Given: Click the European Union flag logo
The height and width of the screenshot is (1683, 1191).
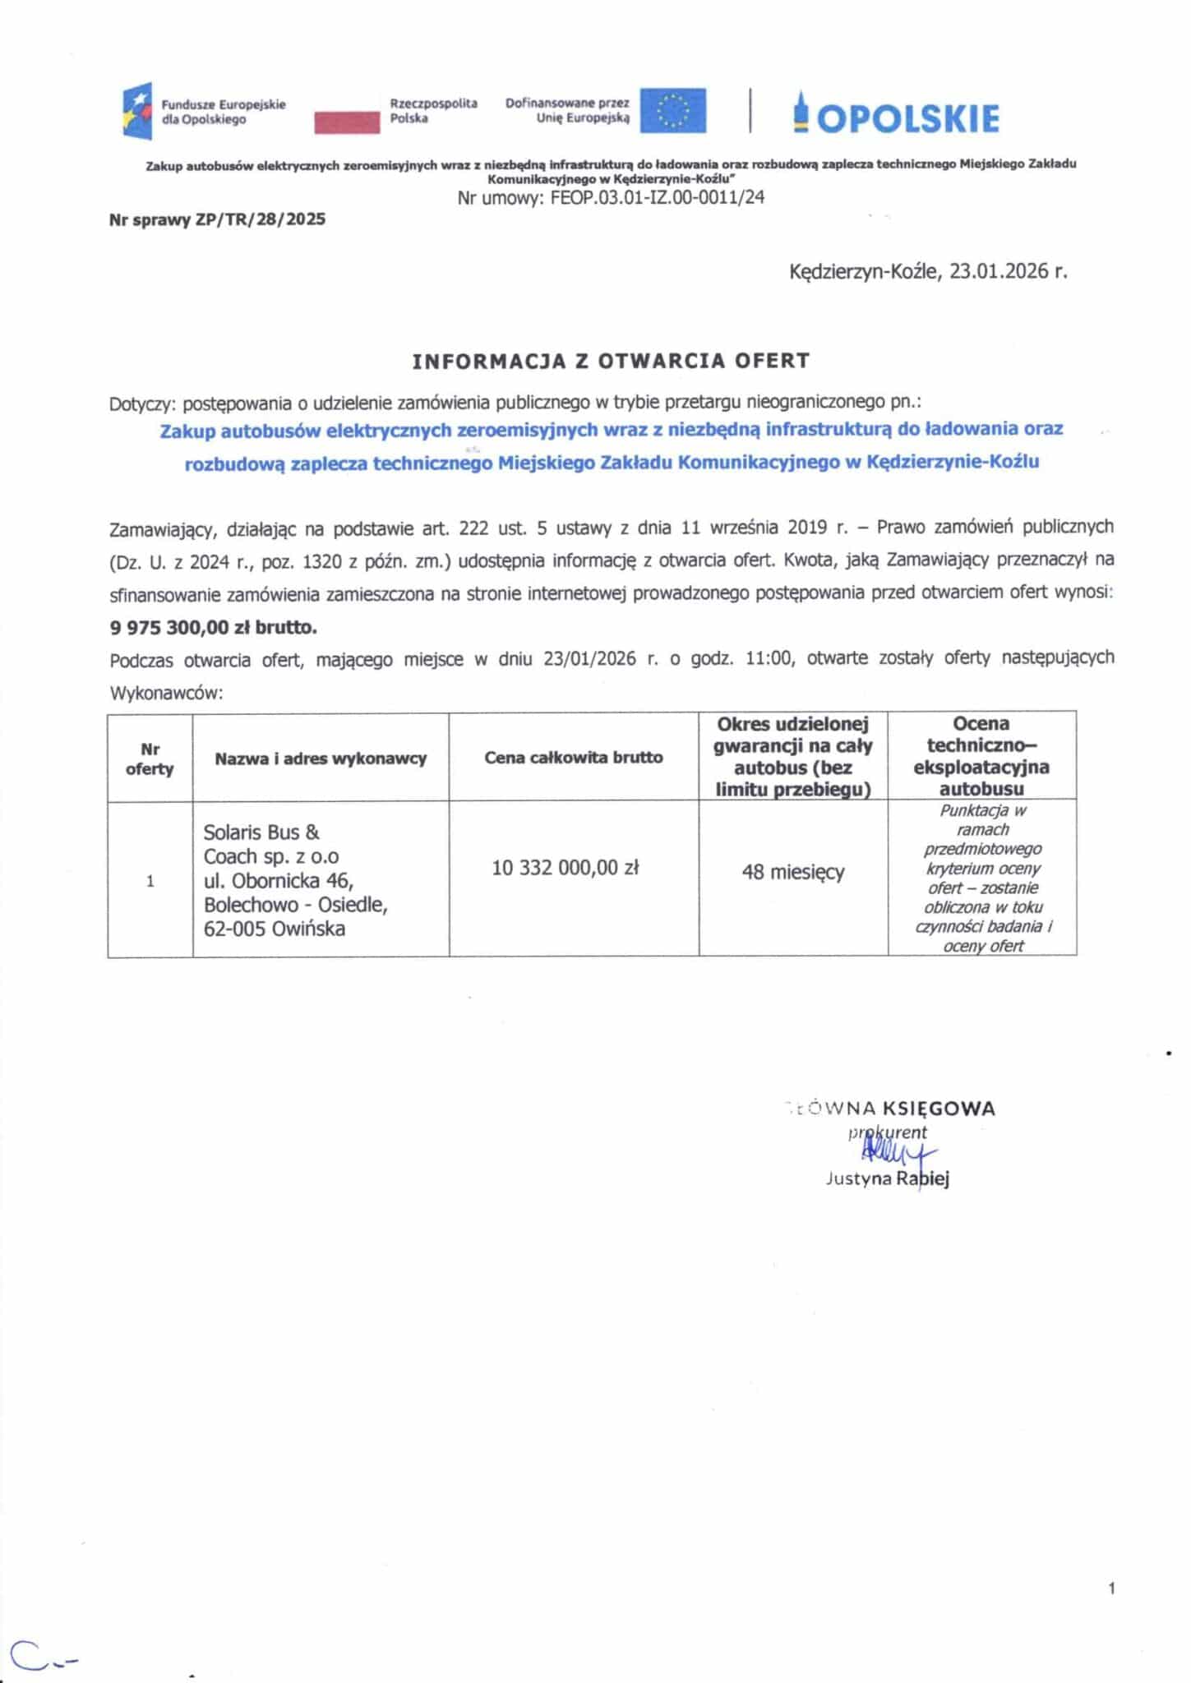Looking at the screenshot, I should tap(673, 110).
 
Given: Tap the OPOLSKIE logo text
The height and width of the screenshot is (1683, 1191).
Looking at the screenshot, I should tap(897, 117).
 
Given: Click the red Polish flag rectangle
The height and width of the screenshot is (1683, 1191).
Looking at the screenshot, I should tap(346, 122).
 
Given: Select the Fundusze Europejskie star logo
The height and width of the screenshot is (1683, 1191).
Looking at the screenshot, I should tap(137, 111).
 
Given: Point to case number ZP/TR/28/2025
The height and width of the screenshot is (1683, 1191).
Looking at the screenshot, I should tap(261, 219).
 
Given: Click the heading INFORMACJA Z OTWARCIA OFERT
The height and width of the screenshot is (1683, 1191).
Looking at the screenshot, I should tap(611, 361).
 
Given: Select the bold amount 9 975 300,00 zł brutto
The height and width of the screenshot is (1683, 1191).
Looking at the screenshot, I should tap(213, 627).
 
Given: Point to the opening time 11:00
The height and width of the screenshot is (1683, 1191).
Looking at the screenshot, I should tap(769, 658).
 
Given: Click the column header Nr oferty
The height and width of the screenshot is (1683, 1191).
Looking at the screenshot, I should tap(150, 759).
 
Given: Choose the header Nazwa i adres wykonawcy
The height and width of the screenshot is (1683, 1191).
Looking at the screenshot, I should tap(321, 759).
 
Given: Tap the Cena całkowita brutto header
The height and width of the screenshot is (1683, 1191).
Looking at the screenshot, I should tap(573, 758).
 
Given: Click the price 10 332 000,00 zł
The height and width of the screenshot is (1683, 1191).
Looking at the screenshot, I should tap(565, 868).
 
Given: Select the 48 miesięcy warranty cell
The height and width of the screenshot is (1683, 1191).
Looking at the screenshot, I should tap(792, 872).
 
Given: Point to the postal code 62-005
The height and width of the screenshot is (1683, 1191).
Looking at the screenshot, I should tap(233, 929).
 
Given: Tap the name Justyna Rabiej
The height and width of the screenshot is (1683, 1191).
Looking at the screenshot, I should tap(887, 1179).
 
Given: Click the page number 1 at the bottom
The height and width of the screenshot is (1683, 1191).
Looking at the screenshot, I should tap(1111, 1588).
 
